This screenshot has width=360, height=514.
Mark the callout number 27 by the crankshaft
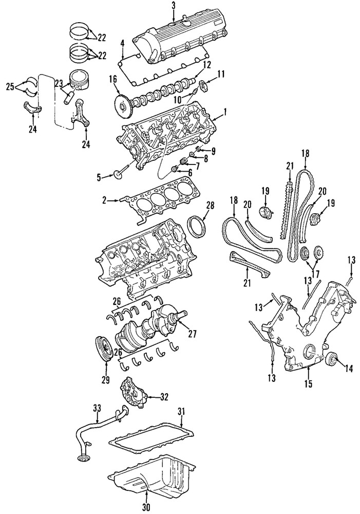193,333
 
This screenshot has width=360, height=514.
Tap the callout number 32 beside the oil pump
164,396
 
